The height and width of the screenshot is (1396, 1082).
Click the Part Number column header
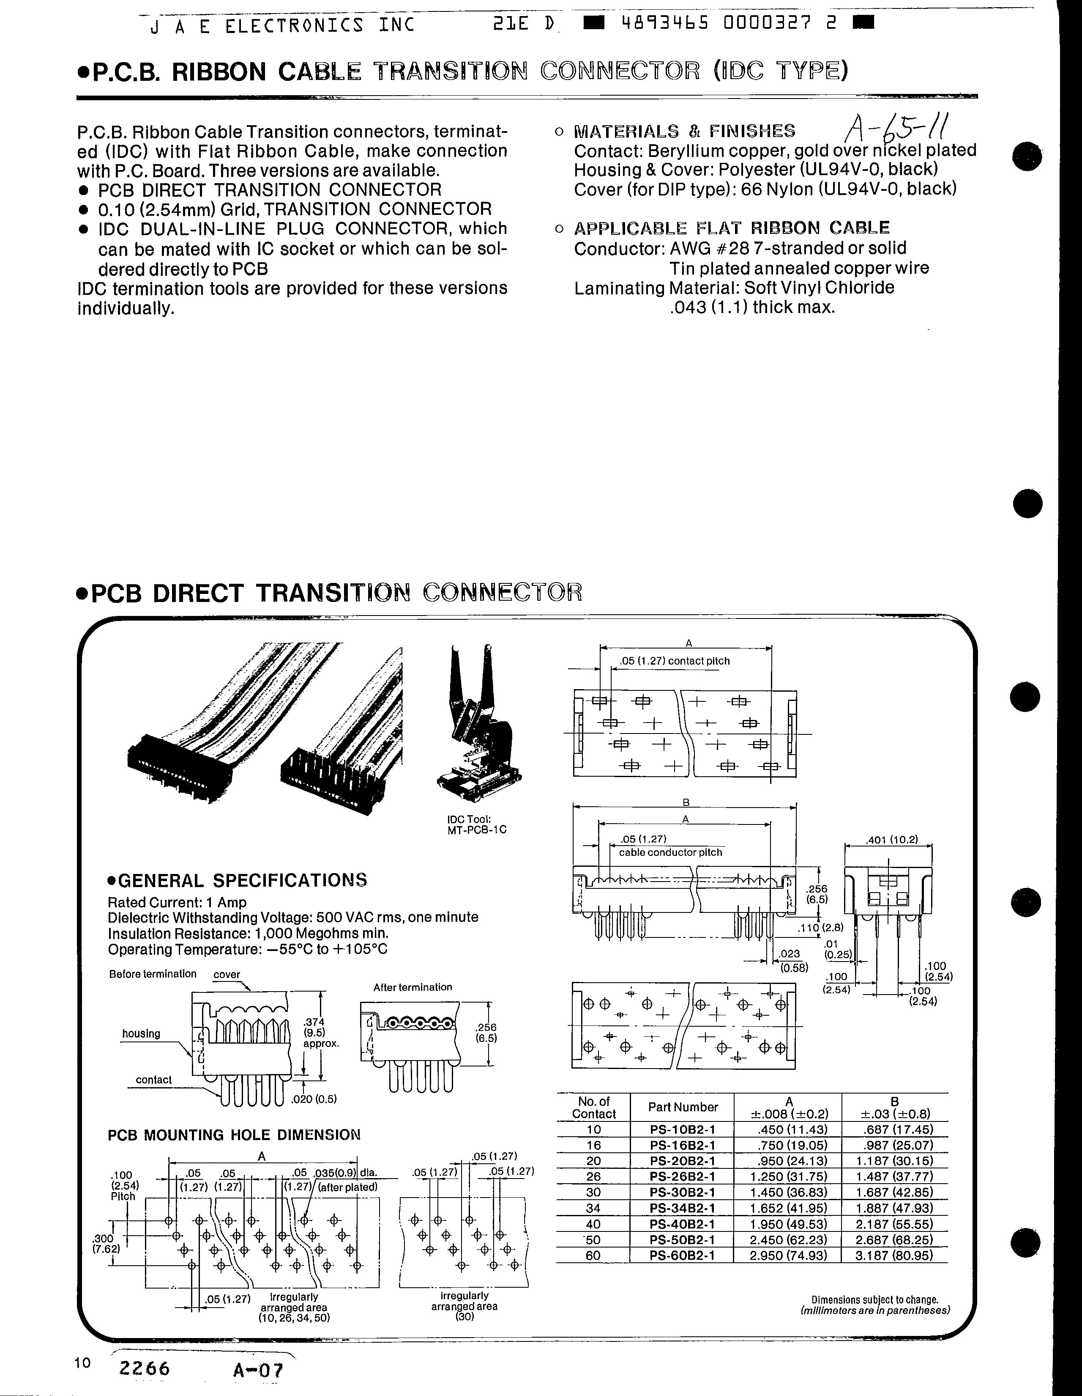(x=682, y=1107)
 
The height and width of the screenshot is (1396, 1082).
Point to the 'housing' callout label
(x=141, y=1033)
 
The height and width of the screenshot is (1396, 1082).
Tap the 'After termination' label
(x=413, y=987)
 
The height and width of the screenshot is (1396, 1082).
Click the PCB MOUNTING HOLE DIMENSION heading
(x=234, y=1135)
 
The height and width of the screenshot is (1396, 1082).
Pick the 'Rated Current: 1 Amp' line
(x=177, y=903)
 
